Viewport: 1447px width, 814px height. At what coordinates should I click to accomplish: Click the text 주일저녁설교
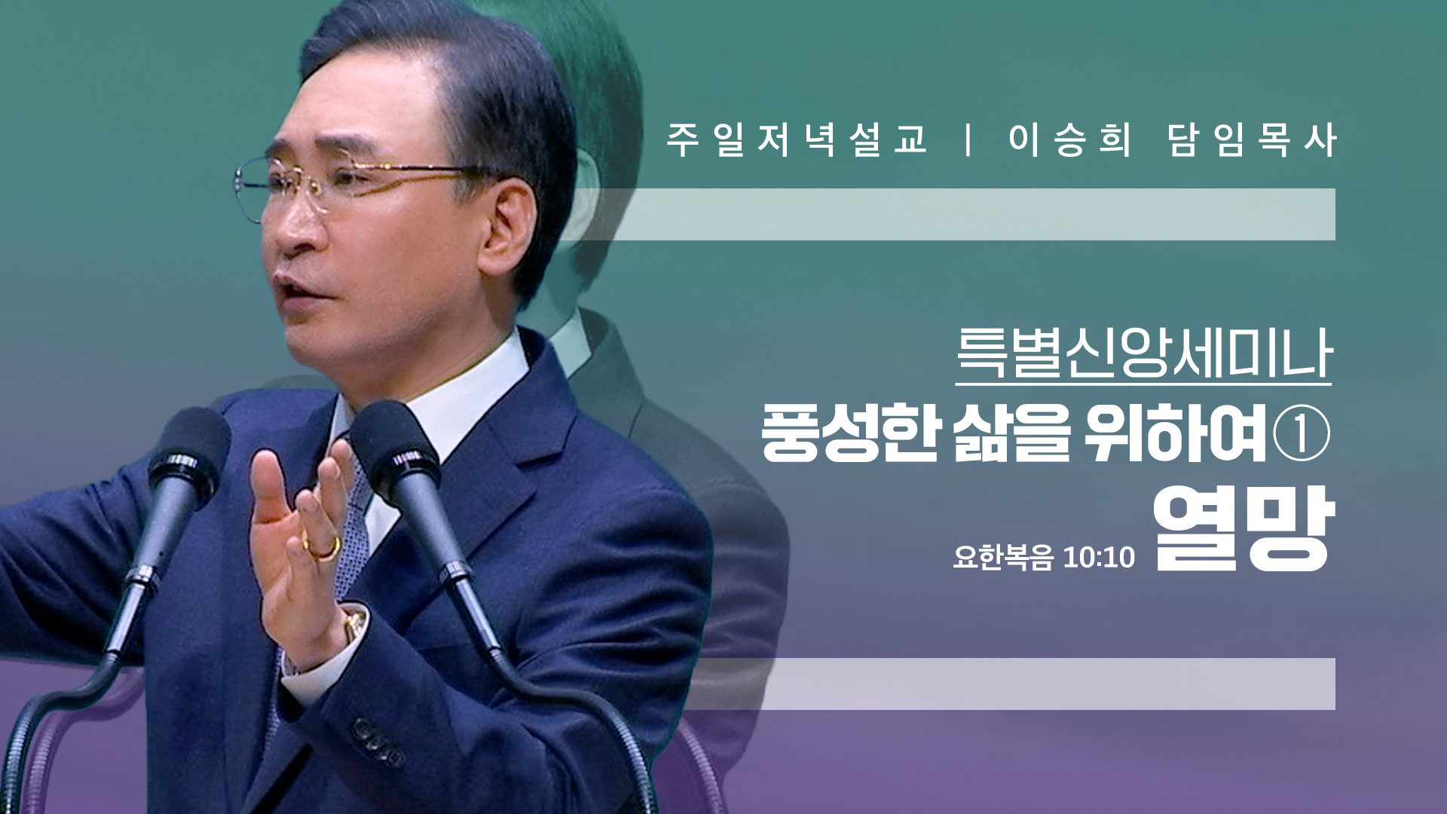[796, 140]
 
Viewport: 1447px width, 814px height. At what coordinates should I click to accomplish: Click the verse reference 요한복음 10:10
[1044, 557]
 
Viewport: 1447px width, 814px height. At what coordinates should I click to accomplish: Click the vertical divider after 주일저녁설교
[968, 140]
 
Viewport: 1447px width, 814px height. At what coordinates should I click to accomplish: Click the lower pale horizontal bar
[1010, 684]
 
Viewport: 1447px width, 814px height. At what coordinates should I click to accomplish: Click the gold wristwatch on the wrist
[353, 625]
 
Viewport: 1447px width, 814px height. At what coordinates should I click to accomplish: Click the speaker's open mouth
[295, 291]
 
